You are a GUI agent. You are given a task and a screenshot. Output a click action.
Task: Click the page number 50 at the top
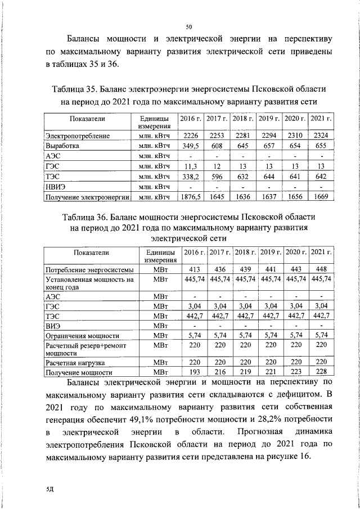190,26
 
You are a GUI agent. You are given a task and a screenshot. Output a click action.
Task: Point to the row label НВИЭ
55,186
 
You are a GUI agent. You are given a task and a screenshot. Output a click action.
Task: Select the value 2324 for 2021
320,136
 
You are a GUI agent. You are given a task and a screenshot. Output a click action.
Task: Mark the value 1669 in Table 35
320,197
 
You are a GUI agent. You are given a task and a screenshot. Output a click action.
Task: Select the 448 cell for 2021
321,269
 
